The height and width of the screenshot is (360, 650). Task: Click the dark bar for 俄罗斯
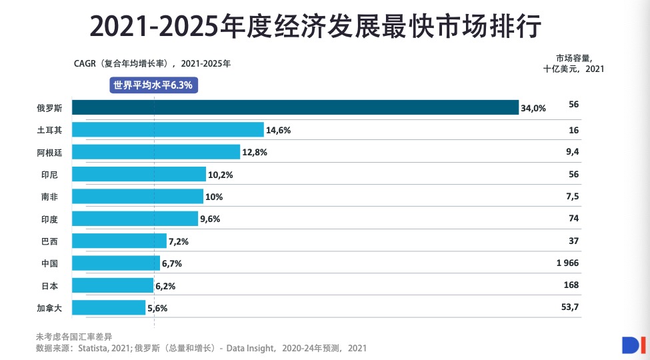(295, 107)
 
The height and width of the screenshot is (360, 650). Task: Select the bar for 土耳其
(167, 130)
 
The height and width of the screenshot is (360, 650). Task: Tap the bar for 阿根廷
(155, 152)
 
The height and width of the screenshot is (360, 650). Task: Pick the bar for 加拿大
(108, 307)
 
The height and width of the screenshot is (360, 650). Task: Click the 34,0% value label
(533, 108)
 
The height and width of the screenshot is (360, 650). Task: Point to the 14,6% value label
(278, 131)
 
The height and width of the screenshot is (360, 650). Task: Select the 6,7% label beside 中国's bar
(172, 263)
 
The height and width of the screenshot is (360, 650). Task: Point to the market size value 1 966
(567, 263)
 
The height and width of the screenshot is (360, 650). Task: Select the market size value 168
(571, 285)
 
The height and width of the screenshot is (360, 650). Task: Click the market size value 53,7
(570, 307)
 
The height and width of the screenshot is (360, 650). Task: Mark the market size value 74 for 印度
(573, 218)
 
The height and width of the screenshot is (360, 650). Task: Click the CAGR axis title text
(151, 64)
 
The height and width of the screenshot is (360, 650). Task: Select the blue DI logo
(630, 345)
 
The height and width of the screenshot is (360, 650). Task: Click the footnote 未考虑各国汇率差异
(75, 336)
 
